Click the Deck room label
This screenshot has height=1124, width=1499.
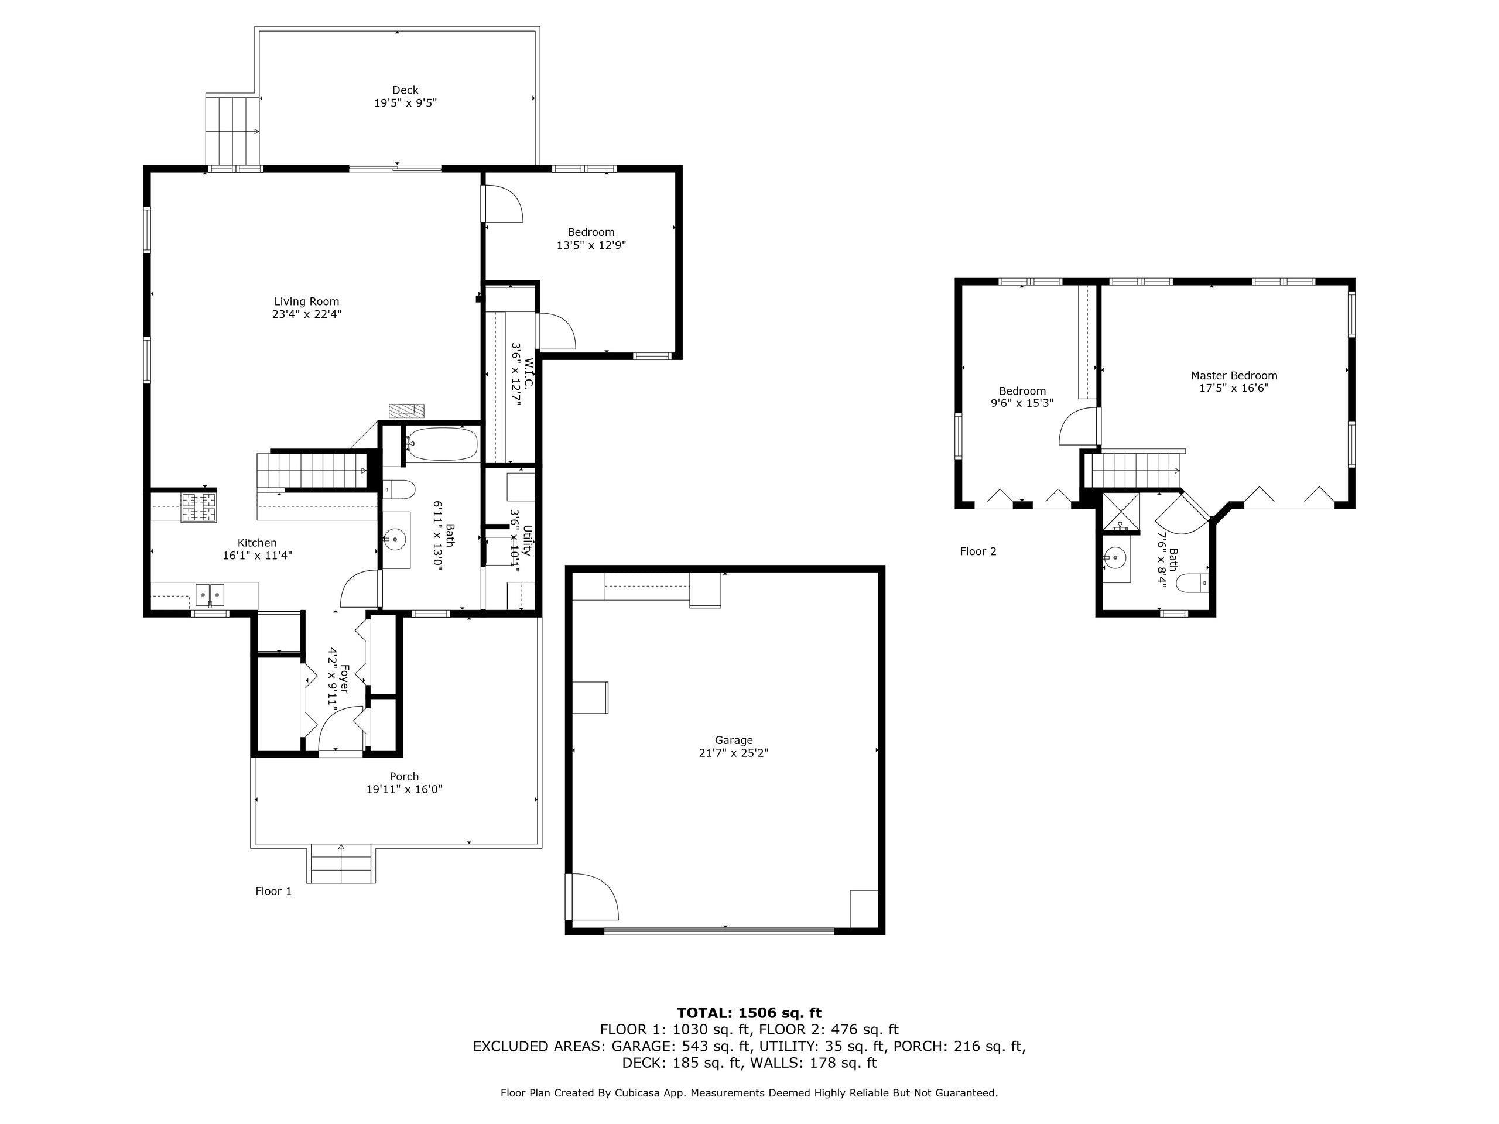point(405,90)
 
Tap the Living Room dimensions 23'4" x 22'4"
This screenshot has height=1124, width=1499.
point(306,314)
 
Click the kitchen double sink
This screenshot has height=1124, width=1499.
point(210,595)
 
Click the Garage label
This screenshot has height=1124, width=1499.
point(733,741)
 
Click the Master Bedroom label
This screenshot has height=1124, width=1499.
point(1233,375)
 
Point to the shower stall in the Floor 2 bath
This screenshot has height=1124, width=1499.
point(1121,512)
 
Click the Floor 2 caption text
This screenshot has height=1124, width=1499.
point(978,551)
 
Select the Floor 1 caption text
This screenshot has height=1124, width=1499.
point(273,892)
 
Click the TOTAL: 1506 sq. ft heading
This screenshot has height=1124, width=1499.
point(749,1013)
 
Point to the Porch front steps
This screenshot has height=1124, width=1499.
point(341,864)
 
